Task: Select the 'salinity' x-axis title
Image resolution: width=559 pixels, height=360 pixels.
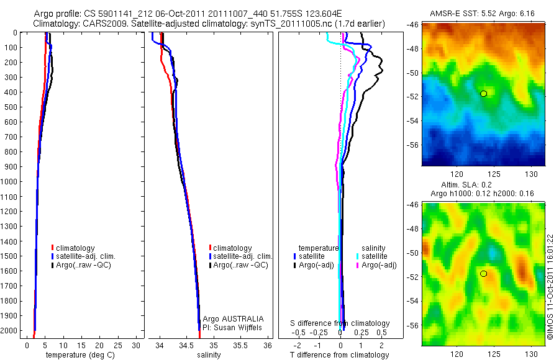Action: (209, 355)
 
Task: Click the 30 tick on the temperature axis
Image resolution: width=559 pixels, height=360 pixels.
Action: (137, 345)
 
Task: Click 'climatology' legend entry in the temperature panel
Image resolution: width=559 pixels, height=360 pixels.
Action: (77, 248)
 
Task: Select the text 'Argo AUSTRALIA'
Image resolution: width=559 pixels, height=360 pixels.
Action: (229, 319)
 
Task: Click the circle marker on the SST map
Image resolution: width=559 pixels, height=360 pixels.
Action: (483, 94)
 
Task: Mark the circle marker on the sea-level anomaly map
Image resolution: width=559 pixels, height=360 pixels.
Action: (483, 273)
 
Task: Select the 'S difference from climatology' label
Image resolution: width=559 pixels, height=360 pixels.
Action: (340, 323)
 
